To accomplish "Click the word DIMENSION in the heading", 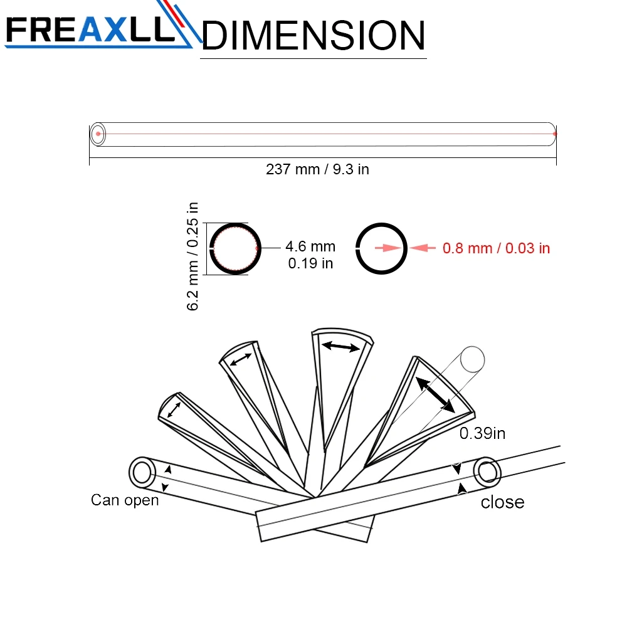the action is click(x=313, y=36).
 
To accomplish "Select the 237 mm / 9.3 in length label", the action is click(x=317, y=169).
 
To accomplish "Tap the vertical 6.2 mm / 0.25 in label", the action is click(x=192, y=256).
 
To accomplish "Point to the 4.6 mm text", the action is click(x=310, y=246).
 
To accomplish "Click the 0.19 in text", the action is click(x=310, y=263).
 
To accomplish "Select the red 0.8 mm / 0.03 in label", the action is click(x=496, y=248).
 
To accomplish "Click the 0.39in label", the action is click(x=482, y=433).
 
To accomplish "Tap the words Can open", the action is click(x=125, y=500).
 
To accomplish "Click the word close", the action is click(x=503, y=502).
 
